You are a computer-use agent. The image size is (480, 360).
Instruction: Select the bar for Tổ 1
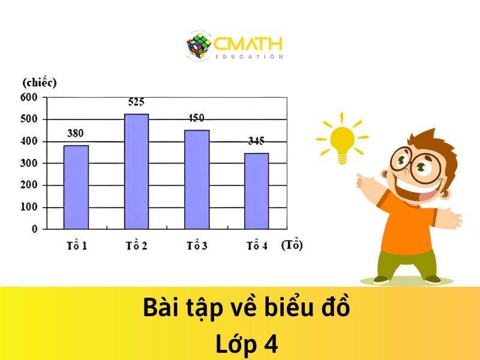point(76,187)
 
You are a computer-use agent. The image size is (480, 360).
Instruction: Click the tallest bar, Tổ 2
point(136,171)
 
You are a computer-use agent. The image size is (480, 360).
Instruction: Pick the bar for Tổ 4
point(256,191)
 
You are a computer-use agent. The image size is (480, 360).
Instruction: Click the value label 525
point(136,102)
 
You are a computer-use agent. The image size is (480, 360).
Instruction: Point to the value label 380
point(75,133)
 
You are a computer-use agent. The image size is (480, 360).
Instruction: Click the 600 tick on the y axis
point(29,97)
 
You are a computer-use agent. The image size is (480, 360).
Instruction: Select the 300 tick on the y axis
point(29,163)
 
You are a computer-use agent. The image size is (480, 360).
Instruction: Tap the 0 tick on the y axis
point(34,229)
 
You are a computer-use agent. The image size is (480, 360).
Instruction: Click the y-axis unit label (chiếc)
point(39,83)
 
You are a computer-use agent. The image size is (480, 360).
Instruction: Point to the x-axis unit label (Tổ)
point(292,245)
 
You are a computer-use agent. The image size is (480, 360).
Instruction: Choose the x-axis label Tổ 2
point(136,246)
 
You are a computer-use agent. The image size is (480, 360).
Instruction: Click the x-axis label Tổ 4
point(256,246)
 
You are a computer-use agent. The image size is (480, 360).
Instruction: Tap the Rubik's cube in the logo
point(199,46)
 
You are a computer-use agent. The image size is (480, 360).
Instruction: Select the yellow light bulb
point(342,142)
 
